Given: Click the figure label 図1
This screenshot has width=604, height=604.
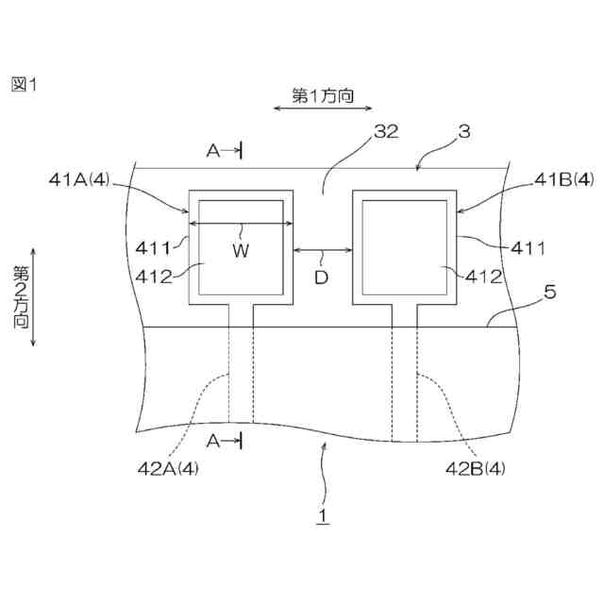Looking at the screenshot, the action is click(x=23, y=85).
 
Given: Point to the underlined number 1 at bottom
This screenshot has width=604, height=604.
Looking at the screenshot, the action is click(x=322, y=517).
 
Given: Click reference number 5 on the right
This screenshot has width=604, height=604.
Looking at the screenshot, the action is click(x=550, y=293).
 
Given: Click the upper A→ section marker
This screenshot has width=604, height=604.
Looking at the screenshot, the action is click(x=223, y=149).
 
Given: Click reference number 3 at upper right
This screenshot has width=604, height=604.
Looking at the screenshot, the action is click(x=463, y=133).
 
